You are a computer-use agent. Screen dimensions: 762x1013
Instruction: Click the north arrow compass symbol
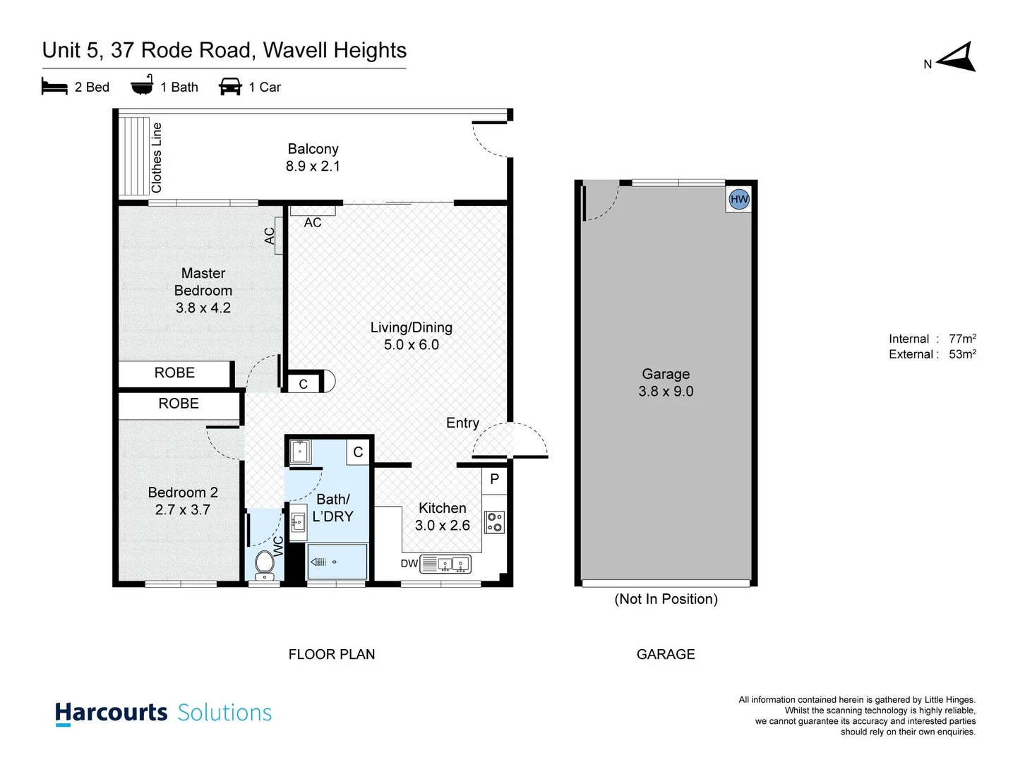[x=957, y=58]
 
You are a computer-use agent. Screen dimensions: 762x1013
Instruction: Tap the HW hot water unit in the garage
[x=739, y=199]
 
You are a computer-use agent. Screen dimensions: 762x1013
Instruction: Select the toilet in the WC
[x=265, y=564]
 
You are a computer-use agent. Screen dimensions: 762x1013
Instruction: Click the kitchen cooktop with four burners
[x=495, y=522]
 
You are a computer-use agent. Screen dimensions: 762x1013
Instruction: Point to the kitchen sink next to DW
[x=452, y=564]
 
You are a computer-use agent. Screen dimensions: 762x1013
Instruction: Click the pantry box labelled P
[x=494, y=479]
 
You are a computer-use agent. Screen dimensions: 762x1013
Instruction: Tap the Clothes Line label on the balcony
[x=157, y=157]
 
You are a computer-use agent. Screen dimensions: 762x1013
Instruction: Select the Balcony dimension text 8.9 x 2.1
[x=313, y=167]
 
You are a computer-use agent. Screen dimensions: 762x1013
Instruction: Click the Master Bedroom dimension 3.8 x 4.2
[x=203, y=308]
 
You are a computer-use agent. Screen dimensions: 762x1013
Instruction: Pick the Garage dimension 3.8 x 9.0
[x=666, y=392]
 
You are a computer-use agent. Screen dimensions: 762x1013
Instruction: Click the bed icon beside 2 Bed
[x=54, y=87]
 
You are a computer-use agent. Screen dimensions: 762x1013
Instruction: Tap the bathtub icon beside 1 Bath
[x=142, y=85]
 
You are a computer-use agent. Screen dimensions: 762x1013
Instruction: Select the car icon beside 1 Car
[x=230, y=87]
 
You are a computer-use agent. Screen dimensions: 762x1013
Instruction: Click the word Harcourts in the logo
[x=112, y=713]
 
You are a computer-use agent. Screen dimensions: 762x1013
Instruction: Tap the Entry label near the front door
[x=462, y=423]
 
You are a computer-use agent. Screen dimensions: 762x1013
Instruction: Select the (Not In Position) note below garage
[x=666, y=599]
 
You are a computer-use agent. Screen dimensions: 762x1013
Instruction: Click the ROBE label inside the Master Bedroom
[x=174, y=373]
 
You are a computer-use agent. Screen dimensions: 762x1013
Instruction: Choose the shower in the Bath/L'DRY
[x=337, y=562]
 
